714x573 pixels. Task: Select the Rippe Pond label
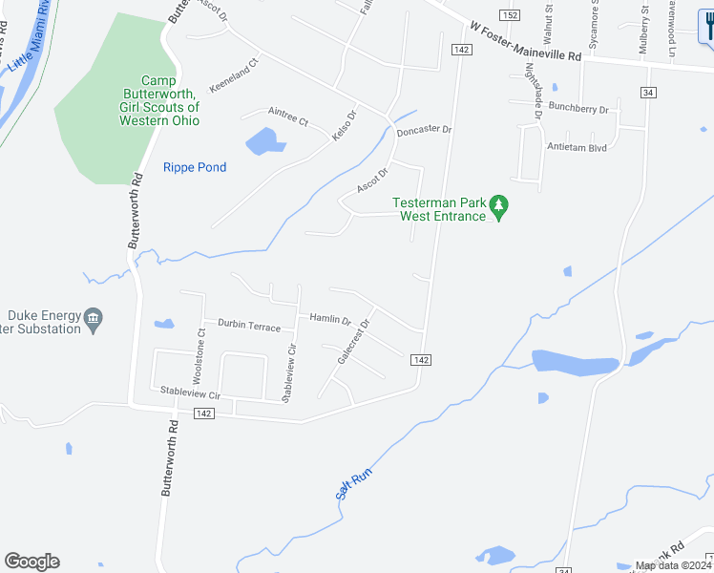pos(195,167)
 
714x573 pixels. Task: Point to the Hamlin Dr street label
pos(330,320)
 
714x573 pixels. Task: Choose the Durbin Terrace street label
pos(249,326)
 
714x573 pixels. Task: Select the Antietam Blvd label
pos(577,147)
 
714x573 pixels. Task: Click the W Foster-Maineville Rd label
pos(526,42)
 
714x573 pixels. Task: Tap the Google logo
pos(31,562)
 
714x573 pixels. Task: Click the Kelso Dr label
pos(344,126)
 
